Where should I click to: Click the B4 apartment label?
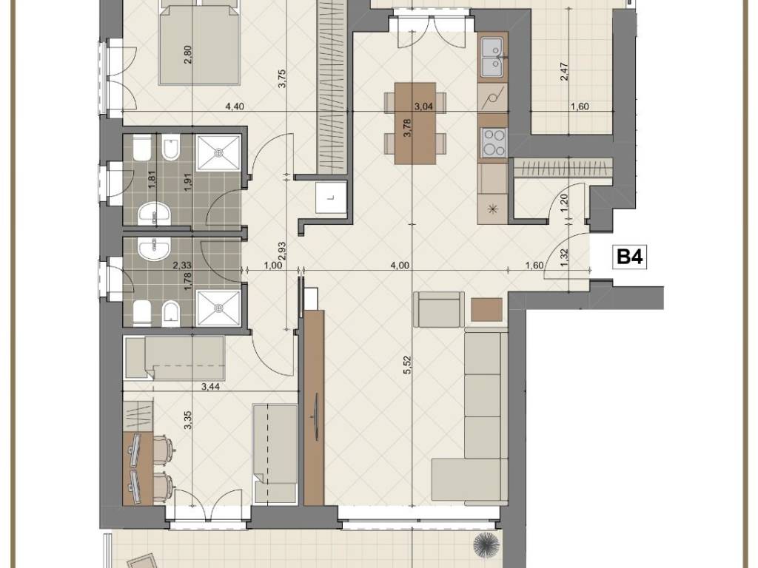tap(631, 257)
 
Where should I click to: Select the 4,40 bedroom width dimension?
tap(234, 106)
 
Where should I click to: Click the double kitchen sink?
tap(493, 58)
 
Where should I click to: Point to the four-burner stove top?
tap(493, 141)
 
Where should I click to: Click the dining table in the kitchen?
tap(415, 124)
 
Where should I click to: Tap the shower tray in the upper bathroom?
tap(219, 152)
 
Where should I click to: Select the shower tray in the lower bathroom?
tap(219, 308)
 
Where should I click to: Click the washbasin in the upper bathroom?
tap(154, 214)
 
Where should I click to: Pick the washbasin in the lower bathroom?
tap(154, 249)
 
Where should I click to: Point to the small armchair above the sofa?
tap(438, 310)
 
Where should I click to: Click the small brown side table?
tap(487, 310)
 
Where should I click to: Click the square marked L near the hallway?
tap(331, 197)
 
